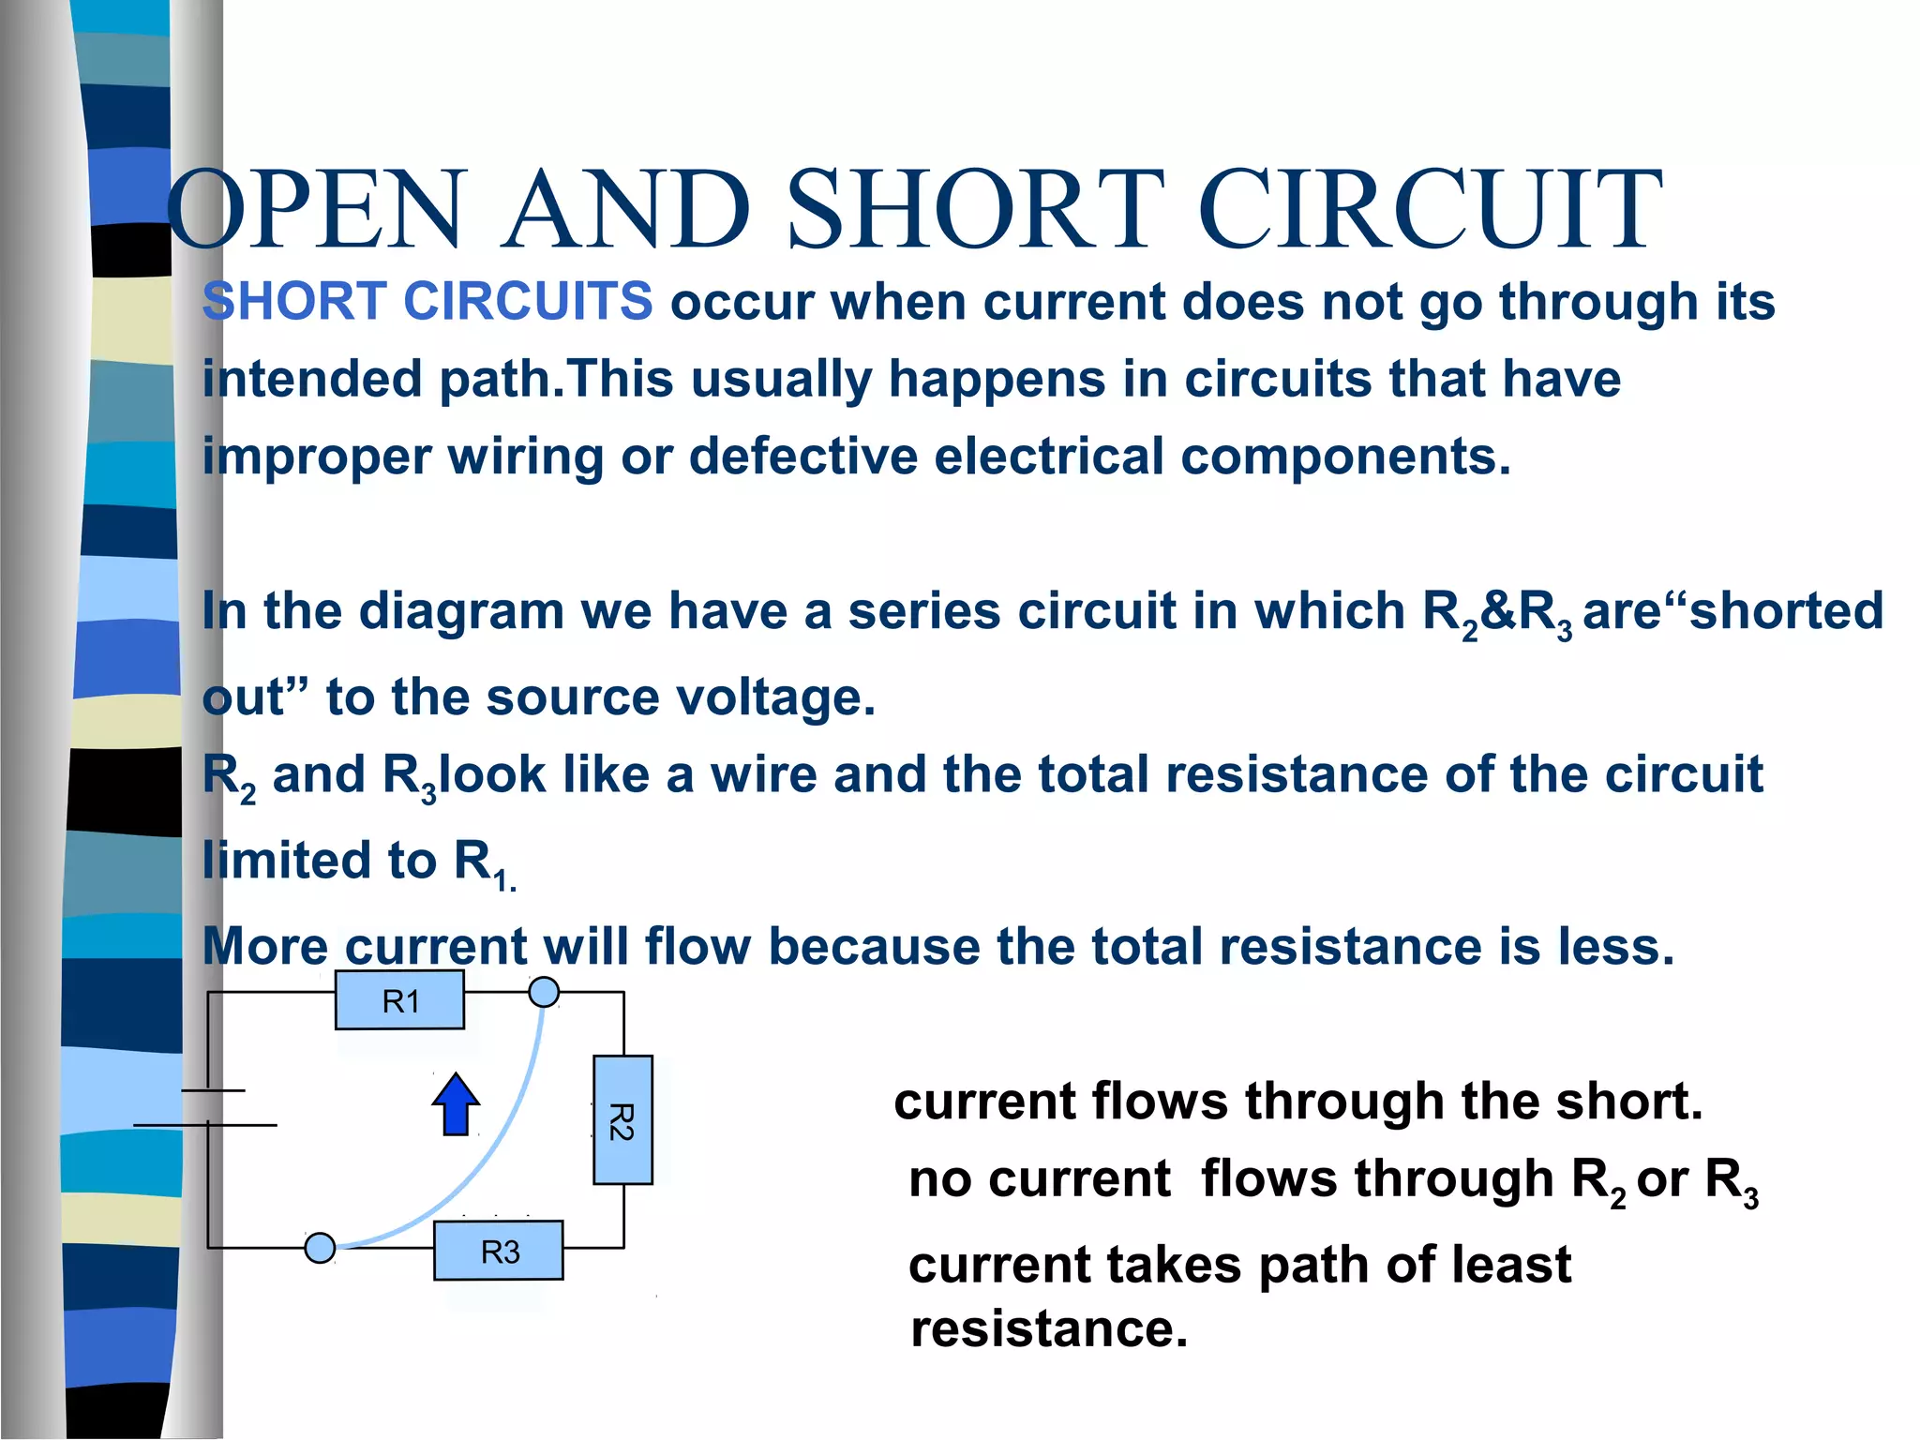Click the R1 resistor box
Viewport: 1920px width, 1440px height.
point(399,1000)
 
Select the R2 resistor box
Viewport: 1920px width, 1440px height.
point(622,1119)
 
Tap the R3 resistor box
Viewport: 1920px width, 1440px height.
point(499,1251)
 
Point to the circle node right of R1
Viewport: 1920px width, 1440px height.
point(544,992)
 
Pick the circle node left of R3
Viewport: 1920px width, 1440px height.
point(321,1248)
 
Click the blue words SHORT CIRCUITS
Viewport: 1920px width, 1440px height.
point(427,301)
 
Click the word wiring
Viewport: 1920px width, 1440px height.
point(525,457)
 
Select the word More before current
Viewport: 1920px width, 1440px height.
point(265,945)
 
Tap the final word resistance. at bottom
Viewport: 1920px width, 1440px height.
point(1049,1327)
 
